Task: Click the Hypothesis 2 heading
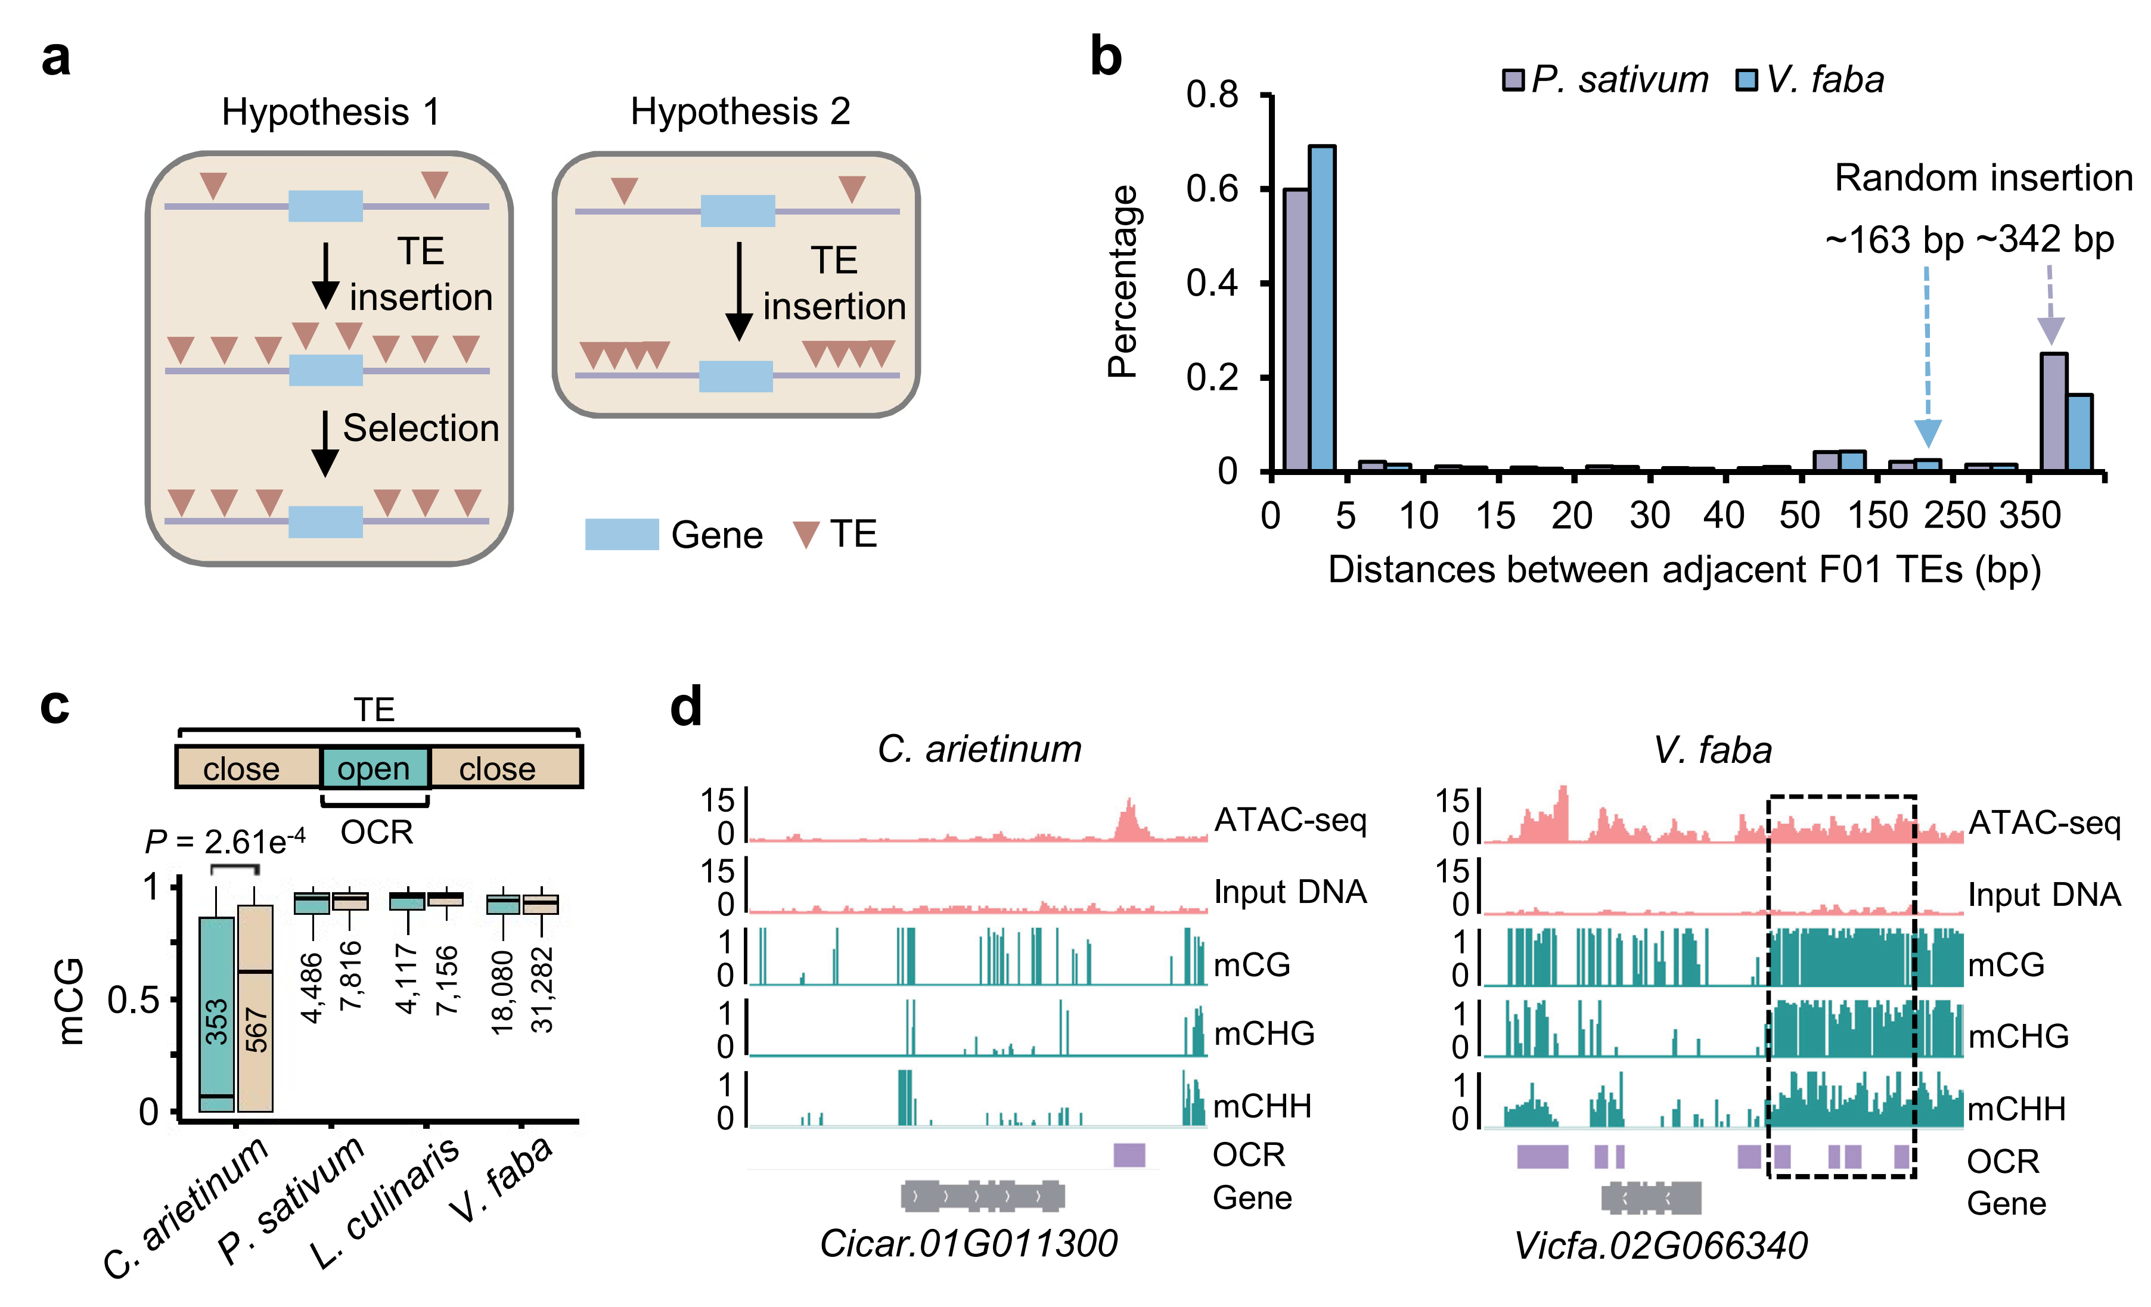(740, 112)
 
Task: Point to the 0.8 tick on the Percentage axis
(1212, 94)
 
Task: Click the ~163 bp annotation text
(1894, 240)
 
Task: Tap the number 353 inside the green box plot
(216, 1022)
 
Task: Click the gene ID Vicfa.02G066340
(1660, 1246)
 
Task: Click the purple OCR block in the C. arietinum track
(1129, 1154)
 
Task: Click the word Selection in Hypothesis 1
(421, 429)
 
